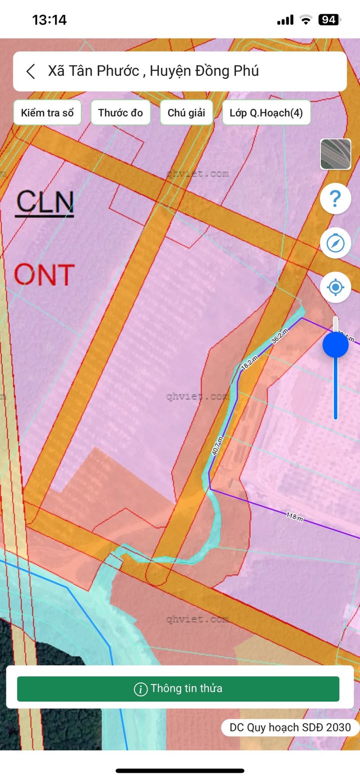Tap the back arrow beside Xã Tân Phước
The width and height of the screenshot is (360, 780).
coord(31,71)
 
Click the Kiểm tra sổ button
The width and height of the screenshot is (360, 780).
coord(47,113)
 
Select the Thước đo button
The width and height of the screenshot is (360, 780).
coord(120,113)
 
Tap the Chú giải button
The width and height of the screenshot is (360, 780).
coord(186,113)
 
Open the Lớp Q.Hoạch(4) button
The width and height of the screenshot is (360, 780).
coord(266,113)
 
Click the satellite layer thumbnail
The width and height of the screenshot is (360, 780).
coord(335,155)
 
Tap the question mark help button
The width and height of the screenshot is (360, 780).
coord(335,199)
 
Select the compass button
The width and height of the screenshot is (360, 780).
coord(335,243)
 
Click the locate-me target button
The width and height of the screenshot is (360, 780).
coord(335,287)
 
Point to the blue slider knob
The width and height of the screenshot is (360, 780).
coord(335,345)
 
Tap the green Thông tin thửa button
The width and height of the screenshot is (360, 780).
coord(178,688)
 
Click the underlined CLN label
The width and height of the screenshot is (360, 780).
coord(44,203)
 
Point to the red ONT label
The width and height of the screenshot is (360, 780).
coord(44,274)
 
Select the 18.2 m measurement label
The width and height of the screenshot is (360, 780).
coord(249,363)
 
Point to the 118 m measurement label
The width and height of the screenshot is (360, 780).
coord(294,516)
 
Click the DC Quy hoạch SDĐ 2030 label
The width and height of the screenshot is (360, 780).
coord(290,727)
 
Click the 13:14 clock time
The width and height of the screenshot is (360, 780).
coord(49,20)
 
